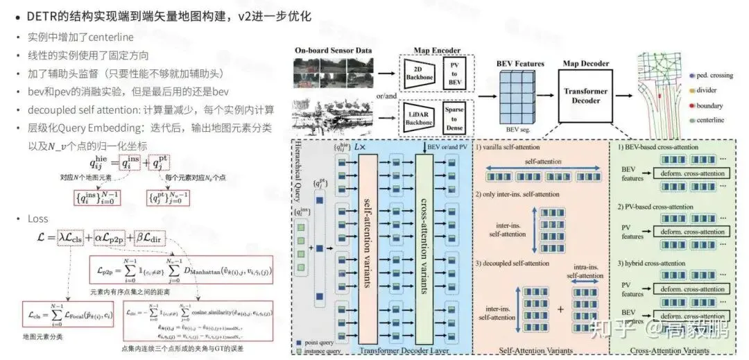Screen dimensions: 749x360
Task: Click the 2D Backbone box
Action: point(419,74)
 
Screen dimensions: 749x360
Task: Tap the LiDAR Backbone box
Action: point(419,115)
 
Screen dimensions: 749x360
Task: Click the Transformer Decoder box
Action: point(585,96)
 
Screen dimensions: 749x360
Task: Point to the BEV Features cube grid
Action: point(519,97)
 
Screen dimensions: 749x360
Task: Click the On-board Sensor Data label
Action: point(332,51)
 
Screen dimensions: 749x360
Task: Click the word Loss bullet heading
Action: point(38,218)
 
